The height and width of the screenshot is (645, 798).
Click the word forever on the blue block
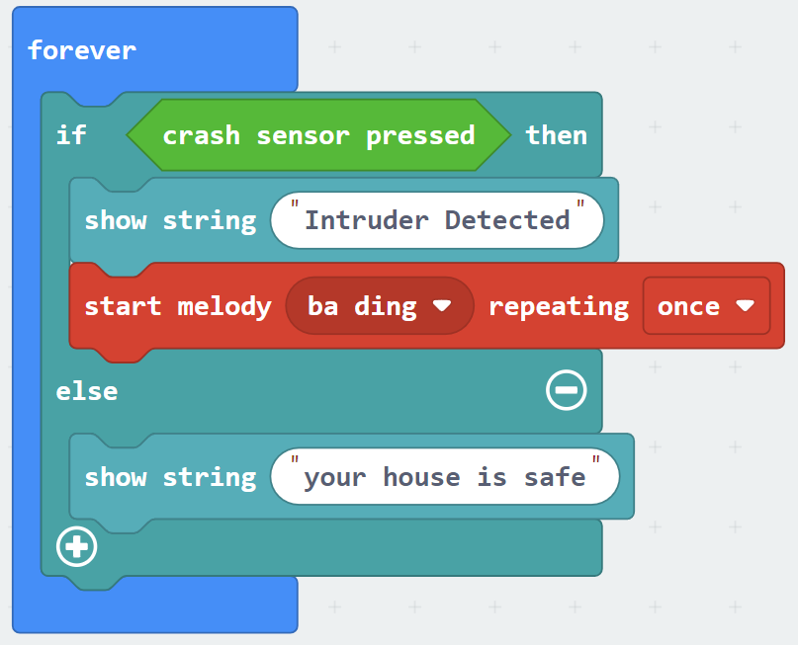(82, 50)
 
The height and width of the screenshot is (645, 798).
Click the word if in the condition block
(71, 135)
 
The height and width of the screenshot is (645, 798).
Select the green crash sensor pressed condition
(318, 135)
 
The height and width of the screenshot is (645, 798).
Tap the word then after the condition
(557, 135)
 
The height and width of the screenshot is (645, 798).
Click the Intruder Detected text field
(437, 220)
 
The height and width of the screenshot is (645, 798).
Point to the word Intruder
(367, 220)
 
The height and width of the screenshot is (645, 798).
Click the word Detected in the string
(507, 220)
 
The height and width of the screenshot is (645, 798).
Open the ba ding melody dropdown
(380, 306)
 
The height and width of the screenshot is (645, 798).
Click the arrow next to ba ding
(442, 306)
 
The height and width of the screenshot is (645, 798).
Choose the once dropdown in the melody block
(706, 306)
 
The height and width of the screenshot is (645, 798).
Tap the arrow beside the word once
(745, 306)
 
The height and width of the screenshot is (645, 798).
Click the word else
(87, 391)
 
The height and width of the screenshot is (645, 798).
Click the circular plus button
(77, 547)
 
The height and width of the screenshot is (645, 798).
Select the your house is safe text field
(445, 477)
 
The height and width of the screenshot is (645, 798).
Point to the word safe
(555, 477)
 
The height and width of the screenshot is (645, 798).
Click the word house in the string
(421, 477)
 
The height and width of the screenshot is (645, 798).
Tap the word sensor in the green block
(303, 136)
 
